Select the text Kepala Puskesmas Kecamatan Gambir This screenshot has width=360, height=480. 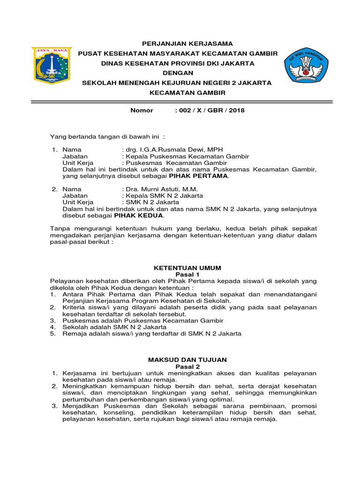click(185, 156)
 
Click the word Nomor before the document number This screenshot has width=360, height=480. click(142, 111)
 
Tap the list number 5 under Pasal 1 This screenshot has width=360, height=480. click(53, 334)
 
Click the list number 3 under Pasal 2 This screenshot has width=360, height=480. click(53, 406)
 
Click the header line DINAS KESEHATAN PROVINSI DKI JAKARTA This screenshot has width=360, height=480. click(178, 63)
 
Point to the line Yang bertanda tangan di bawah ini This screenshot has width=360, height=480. click(108, 136)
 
